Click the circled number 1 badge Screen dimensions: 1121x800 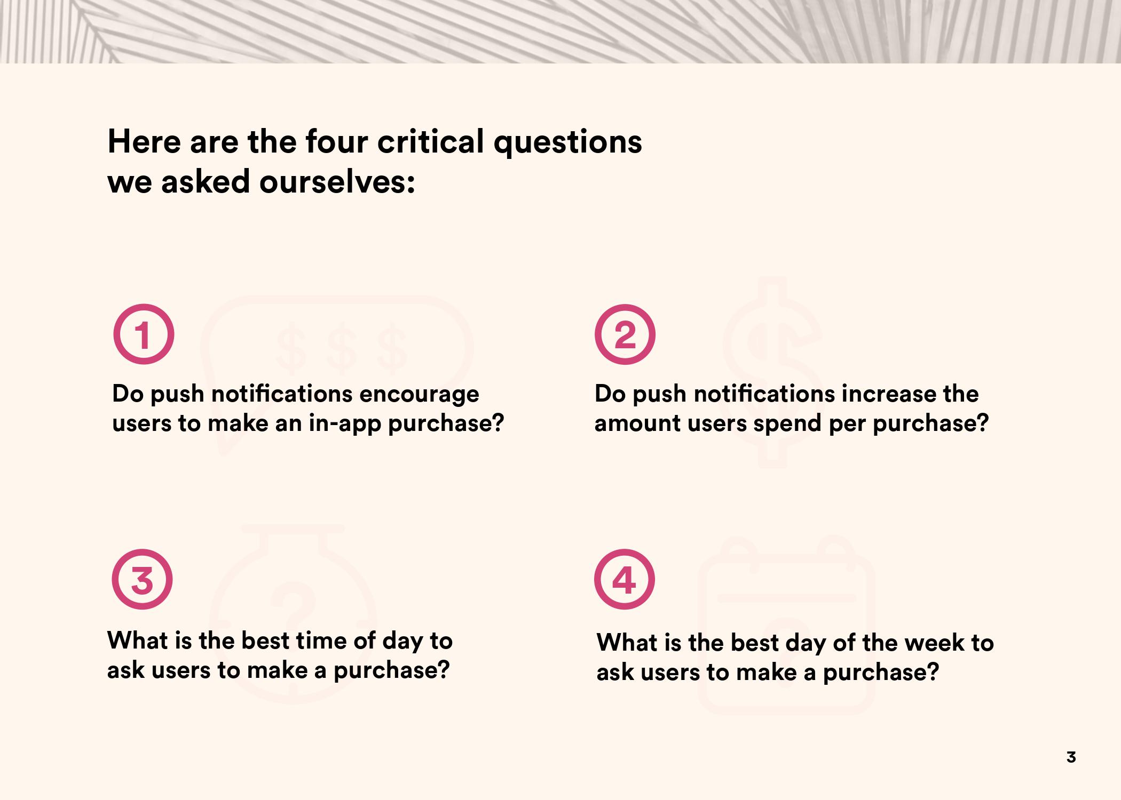pos(144,334)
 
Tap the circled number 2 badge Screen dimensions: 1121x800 pos(625,334)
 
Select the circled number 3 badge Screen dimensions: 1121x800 pos(142,579)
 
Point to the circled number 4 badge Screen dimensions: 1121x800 pos(625,579)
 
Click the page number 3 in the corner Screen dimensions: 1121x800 pos(1071,757)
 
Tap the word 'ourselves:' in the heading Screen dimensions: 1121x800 pos(337,182)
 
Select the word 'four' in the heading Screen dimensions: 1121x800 pos(336,142)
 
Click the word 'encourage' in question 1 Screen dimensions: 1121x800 pos(419,395)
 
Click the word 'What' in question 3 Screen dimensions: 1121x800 pos(137,641)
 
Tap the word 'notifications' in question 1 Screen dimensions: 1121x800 pos(282,395)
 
